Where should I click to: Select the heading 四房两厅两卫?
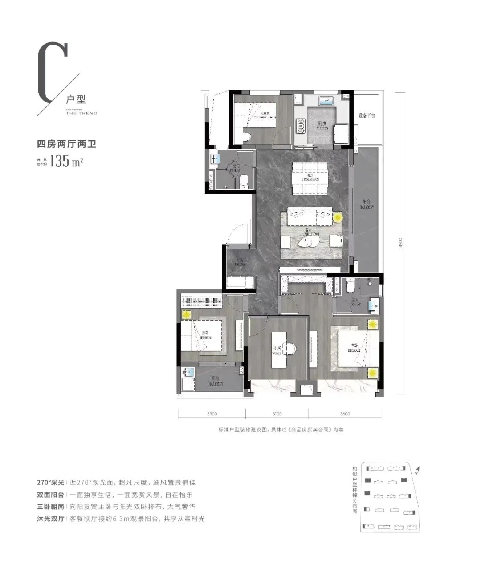[66, 144]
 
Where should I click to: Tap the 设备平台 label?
[367, 115]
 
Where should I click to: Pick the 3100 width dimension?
[277, 414]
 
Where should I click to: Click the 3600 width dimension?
[345, 414]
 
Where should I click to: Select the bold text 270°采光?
[50, 483]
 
